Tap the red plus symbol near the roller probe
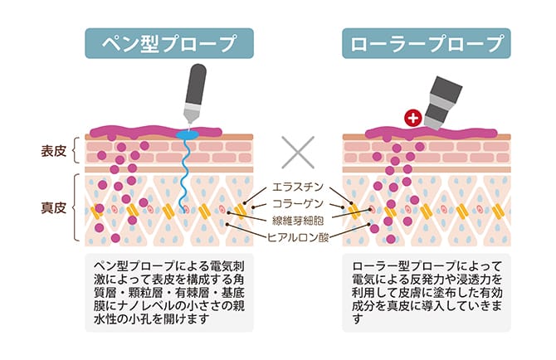[x=411, y=119]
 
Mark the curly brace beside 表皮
[x=76, y=151]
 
